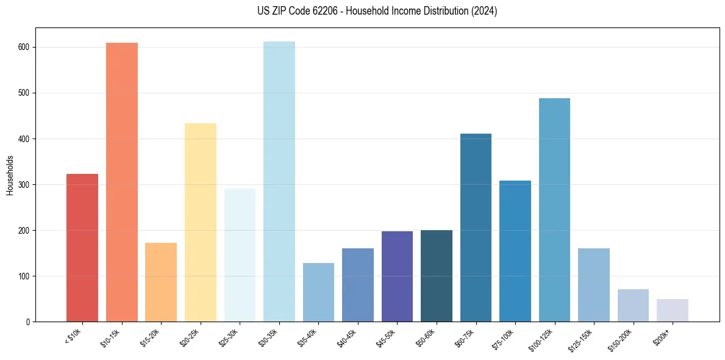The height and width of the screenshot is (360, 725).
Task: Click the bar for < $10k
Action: tap(82, 248)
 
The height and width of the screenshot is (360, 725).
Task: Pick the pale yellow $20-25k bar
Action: tap(201, 222)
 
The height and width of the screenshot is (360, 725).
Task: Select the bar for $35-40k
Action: tap(318, 292)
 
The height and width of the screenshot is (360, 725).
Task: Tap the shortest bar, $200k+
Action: tap(673, 310)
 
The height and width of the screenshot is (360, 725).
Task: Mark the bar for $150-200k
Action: tap(633, 305)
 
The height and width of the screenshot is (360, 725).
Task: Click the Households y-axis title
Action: tap(10, 175)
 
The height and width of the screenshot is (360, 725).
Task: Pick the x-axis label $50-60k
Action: tap(424, 337)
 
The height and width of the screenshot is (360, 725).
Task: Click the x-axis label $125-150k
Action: tap(581, 339)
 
